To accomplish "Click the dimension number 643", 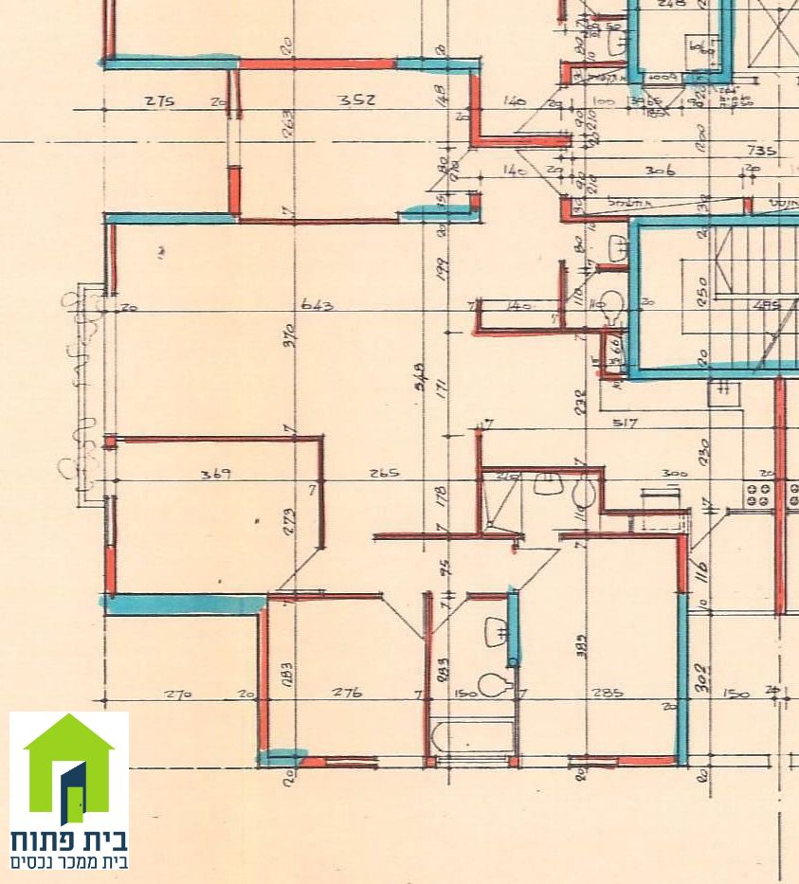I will pos(317,305).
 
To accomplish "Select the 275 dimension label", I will pos(160,100).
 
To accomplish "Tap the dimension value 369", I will pos(216,473).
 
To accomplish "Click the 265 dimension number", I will pos(383,473).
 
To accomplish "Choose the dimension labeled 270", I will pos(177,694).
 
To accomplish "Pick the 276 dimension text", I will pos(346,693).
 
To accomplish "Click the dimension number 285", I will pos(607,693).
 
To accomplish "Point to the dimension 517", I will pos(624,423).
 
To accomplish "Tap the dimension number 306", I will pos(660,171).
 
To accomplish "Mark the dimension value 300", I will pos(674,472).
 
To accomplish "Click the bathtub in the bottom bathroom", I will pos(471,737).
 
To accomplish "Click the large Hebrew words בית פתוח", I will pos(69,840).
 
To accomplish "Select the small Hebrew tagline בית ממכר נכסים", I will pos(69,862).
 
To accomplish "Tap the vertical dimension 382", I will pos(580,645).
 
